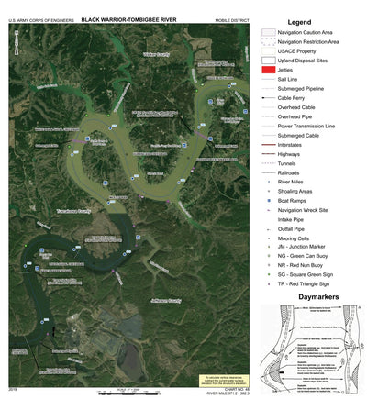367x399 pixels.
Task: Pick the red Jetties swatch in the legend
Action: [269, 70]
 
